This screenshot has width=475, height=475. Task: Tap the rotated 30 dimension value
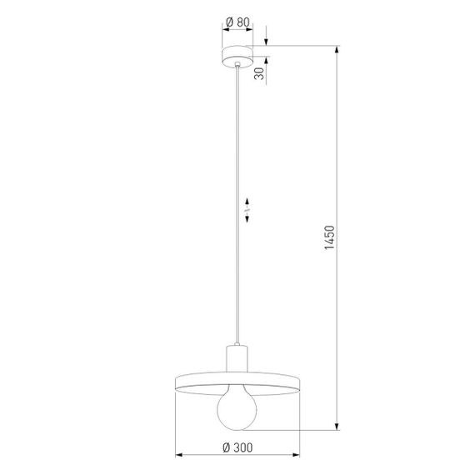pos(260,72)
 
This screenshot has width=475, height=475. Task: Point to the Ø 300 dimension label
pos(238,447)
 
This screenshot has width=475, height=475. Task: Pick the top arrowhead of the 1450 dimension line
pos(337,48)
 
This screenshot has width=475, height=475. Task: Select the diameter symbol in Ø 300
pos(227,447)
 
